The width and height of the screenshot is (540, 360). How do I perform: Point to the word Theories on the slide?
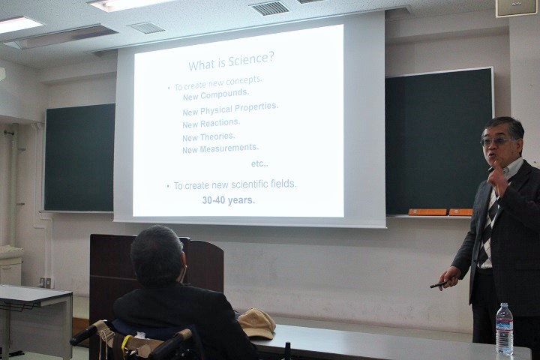217,136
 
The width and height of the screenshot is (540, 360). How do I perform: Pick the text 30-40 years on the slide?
229,200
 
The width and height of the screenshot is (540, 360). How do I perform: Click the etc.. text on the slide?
259,164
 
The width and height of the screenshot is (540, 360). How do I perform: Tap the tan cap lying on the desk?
256,322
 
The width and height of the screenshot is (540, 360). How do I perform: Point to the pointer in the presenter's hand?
438,284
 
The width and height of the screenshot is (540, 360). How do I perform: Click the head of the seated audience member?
157,255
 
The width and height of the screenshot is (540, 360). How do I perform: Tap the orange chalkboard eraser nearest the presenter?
460,211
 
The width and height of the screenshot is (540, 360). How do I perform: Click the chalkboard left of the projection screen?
79,157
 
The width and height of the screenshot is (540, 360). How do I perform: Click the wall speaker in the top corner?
516,7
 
